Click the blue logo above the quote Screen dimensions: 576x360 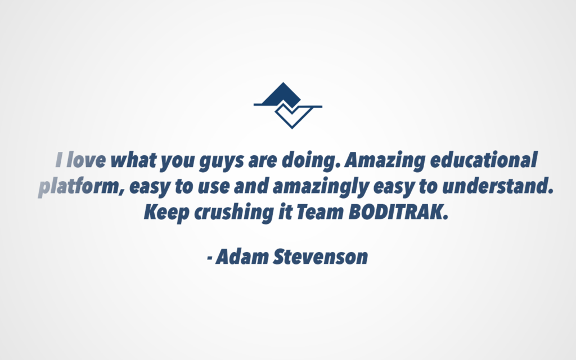click(x=288, y=105)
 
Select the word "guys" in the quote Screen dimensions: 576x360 click(x=221, y=161)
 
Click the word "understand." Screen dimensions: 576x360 click(x=498, y=186)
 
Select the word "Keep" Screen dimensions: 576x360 click(x=166, y=212)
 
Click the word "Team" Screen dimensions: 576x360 click(x=319, y=212)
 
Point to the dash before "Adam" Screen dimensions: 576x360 click(x=210, y=258)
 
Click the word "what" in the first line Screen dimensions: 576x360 click(x=133, y=160)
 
